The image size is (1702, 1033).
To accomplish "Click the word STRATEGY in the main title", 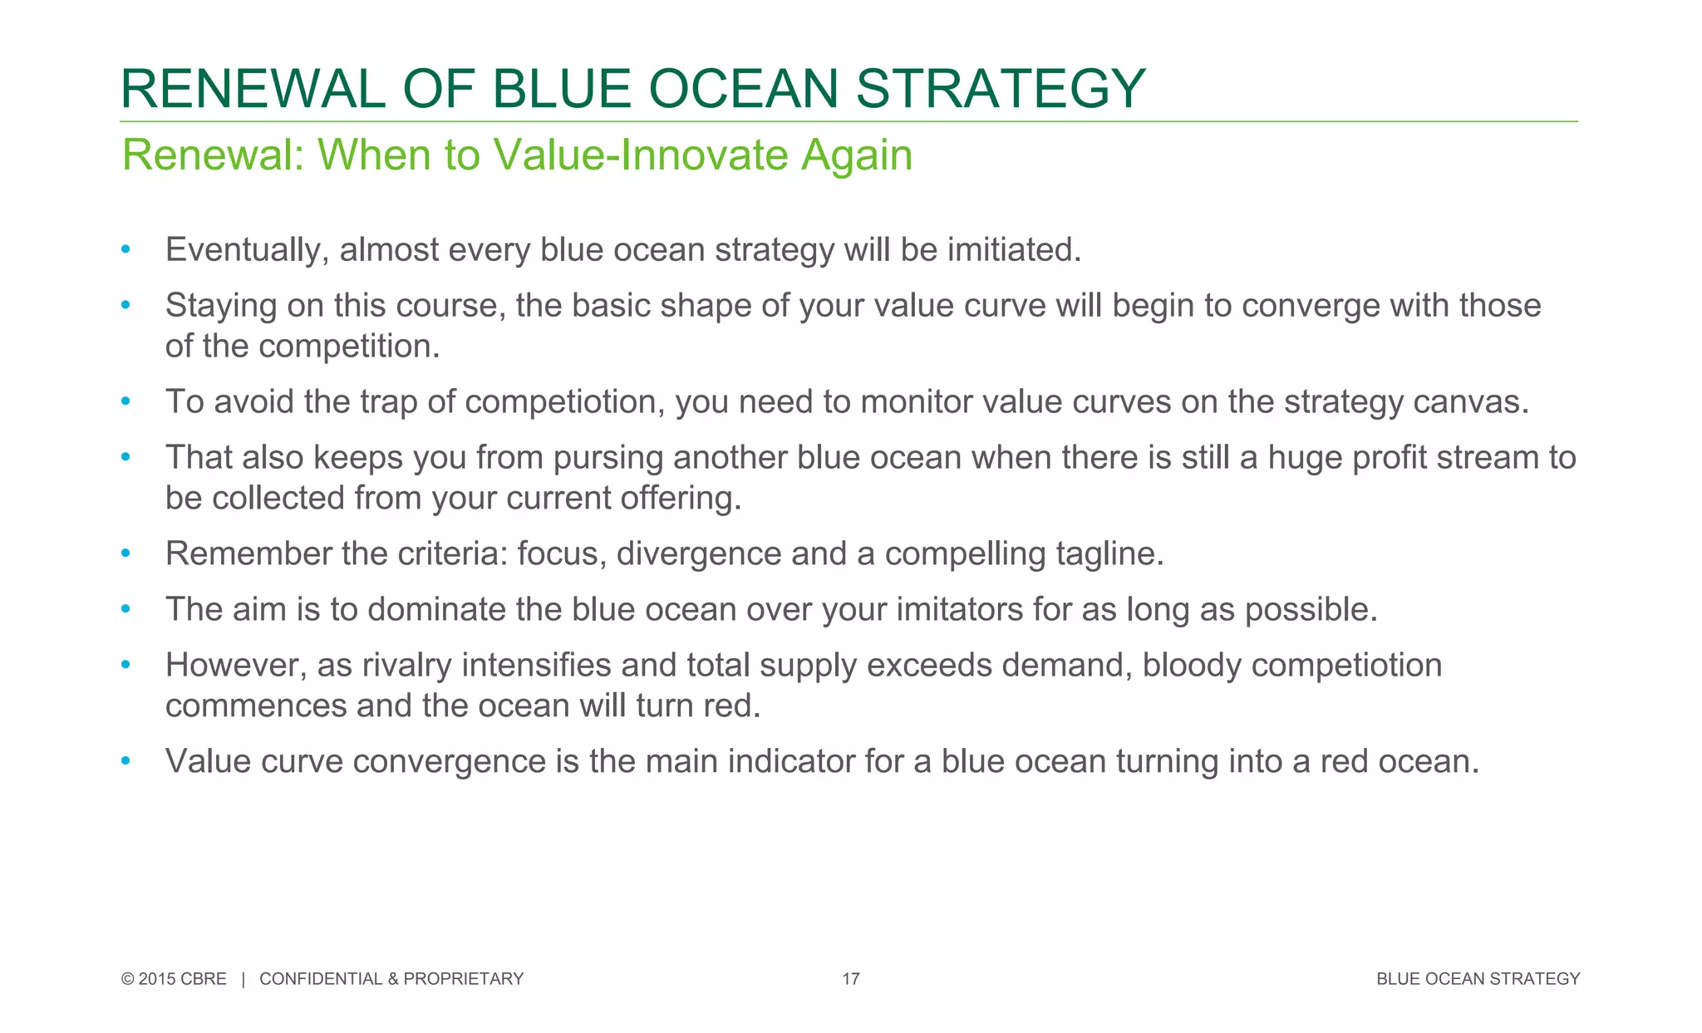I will pos(1001,89).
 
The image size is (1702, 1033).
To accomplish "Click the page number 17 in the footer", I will pos(850,979).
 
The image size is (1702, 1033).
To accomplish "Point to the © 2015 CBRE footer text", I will pos(174,979).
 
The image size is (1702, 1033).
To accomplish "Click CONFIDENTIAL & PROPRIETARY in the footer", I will pos(391,979).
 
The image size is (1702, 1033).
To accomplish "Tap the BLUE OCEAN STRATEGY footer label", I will pos(1478,979).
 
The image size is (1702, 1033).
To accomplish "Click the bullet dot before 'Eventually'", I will pos(125,249).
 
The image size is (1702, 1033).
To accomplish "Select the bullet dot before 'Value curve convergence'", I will pos(125,760).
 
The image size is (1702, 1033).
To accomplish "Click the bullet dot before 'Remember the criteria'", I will pos(125,553).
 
